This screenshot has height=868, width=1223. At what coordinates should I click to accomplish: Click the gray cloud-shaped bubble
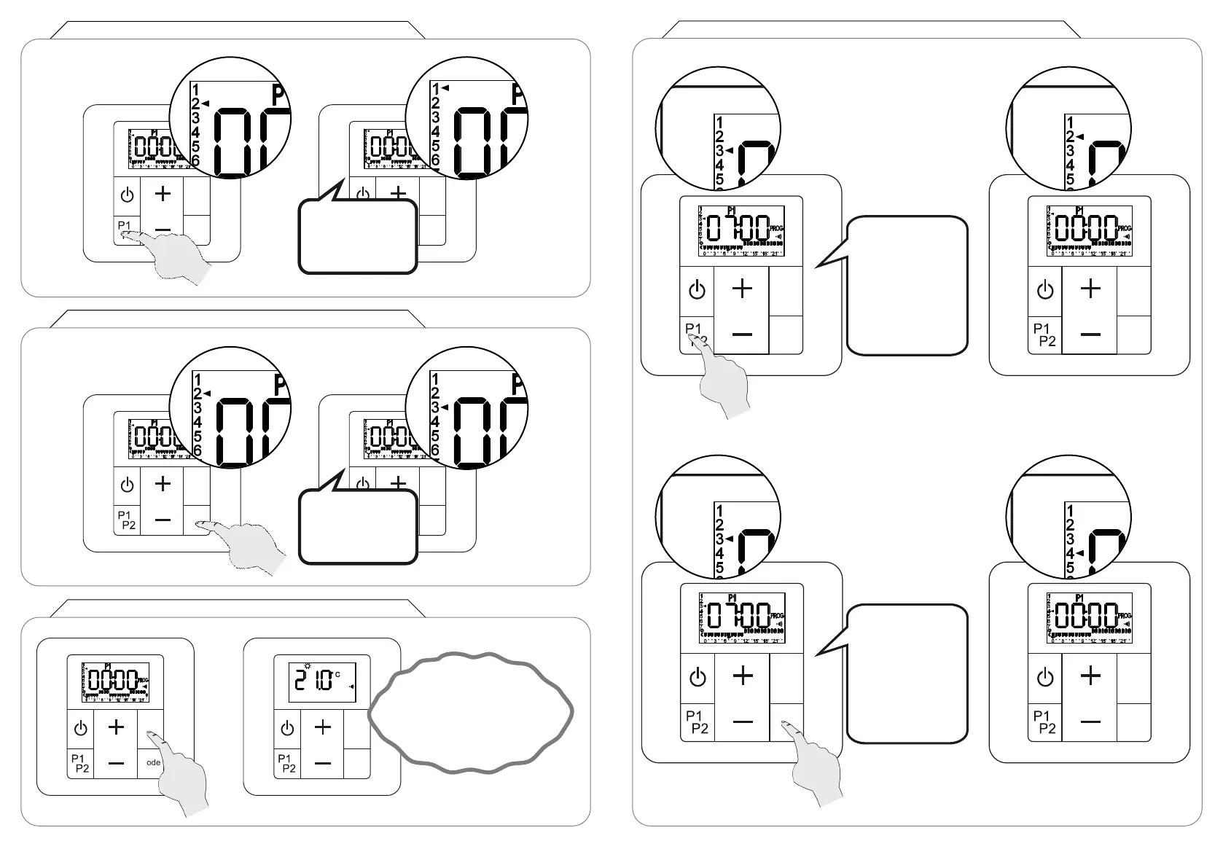470,712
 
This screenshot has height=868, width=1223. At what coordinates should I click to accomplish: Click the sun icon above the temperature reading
308,666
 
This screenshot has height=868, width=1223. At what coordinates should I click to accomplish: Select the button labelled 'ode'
152,763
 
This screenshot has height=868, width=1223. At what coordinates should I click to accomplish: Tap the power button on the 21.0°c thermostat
287,728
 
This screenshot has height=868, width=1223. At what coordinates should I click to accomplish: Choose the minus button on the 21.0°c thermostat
323,763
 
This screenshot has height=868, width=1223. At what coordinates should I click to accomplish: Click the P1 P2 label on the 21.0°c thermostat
286,763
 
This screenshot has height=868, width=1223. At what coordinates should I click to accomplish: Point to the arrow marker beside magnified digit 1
445,88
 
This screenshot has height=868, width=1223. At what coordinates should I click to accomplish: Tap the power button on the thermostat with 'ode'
80,728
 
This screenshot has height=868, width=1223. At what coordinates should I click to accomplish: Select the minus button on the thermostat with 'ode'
116,763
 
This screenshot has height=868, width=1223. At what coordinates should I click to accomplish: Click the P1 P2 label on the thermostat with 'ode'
80,763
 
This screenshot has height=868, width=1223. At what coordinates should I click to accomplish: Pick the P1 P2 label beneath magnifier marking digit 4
1044,722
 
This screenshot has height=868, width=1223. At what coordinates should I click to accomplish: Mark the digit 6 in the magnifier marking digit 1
435,160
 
